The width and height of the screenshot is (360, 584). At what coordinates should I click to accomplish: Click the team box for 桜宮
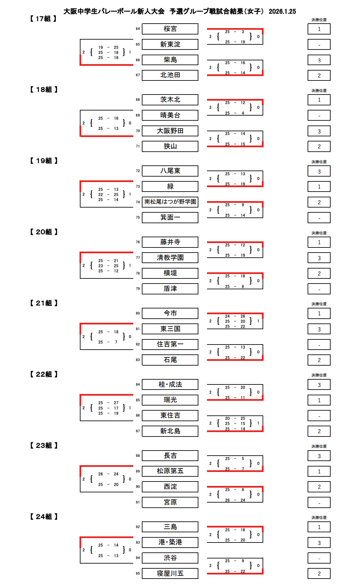click(170, 29)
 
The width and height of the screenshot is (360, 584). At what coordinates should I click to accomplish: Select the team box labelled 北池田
click(170, 75)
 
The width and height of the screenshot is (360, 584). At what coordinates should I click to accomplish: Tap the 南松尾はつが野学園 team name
click(170, 202)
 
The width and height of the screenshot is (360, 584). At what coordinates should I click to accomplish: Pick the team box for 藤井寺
click(170, 242)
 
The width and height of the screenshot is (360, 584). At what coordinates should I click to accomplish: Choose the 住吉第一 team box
click(170, 344)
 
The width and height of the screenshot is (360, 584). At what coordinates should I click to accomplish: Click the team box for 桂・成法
click(170, 384)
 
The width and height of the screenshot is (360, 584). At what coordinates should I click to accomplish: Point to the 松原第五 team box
click(170, 471)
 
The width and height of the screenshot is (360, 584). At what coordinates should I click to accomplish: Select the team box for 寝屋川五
click(170, 573)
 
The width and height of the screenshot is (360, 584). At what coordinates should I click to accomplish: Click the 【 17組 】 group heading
click(43, 19)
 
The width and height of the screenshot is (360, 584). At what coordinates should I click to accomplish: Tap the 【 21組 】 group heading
click(43, 303)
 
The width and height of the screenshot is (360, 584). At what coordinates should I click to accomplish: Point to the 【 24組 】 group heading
click(43, 517)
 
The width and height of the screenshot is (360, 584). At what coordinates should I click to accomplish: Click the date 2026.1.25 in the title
click(282, 11)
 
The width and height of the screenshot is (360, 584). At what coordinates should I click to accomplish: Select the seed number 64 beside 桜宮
click(138, 29)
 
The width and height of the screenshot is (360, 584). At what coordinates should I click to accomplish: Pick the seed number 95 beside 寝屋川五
click(138, 573)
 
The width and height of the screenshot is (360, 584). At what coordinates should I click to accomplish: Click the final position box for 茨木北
click(319, 100)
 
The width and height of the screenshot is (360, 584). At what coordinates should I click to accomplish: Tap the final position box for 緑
click(319, 187)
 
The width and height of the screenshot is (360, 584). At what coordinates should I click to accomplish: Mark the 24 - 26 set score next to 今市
click(235, 316)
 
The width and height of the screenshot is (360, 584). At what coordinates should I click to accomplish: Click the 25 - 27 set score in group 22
click(108, 403)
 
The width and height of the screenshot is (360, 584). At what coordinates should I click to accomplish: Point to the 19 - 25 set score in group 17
click(108, 48)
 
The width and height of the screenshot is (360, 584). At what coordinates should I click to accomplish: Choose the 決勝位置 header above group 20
click(319, 233)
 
